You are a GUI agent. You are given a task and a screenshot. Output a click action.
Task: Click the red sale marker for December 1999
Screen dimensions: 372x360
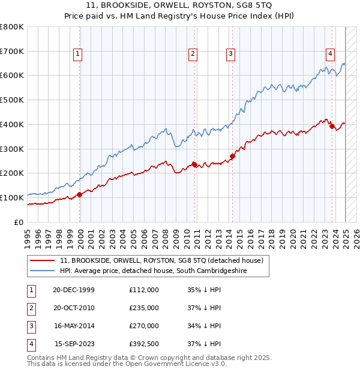pyautogui.click(x=80, y=194)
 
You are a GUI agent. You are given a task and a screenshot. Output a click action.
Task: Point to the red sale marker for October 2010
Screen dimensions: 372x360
pyautogui.click(x=194, y=164)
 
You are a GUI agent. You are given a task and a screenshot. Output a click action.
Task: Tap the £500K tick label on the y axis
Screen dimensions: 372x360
pyautogui.click(x=12, y=100)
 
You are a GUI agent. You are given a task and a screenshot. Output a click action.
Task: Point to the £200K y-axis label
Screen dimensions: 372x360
pyautogui.click(x=12, y=173)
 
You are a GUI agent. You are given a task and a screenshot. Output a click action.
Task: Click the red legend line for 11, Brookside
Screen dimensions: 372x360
pyautogui.click(x=42, y=261)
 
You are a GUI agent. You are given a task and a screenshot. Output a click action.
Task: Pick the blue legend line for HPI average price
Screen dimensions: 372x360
pyautogui.click(x=42, y=271)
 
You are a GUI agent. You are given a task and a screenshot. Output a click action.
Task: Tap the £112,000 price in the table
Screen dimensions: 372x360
pyautogui.click(x=144, y=290)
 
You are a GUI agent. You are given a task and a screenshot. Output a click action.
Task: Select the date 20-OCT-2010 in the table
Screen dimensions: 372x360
pyautogui.click(x=74, y=308)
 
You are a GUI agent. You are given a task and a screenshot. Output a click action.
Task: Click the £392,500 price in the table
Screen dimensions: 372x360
pyautogui.click(x=144, y=344)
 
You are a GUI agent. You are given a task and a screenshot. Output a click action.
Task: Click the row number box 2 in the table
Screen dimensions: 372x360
pyautogui.click(x=30, y=308)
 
